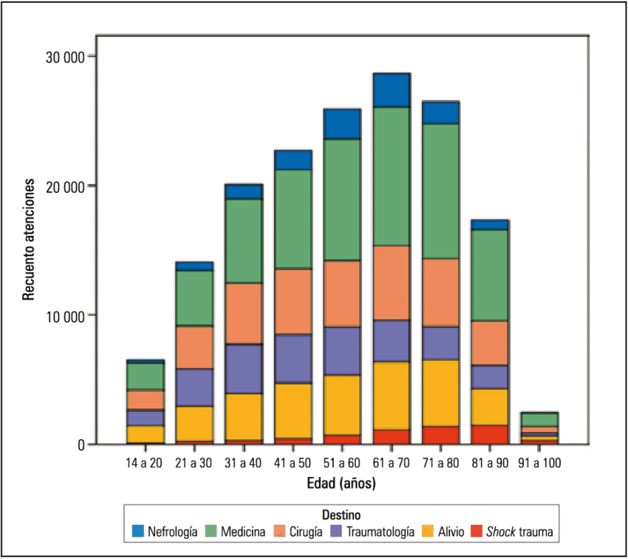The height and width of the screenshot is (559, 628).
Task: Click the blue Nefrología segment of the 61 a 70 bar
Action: [392, 90]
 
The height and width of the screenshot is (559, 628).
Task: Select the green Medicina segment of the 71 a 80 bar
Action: [440, 191]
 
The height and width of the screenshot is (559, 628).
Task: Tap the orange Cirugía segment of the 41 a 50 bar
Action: [293, 301]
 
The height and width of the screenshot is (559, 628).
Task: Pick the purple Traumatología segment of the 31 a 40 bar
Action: [244, 369]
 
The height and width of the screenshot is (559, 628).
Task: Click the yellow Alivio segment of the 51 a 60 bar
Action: [342, 404]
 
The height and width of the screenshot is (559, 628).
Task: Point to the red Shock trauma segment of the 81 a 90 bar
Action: [490, 434]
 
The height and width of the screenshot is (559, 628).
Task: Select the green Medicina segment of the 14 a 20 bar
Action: [146, 376]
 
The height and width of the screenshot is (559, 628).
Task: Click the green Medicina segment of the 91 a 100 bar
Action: [539, 419]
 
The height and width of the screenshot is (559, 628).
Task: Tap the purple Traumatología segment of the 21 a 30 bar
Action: [194, 387]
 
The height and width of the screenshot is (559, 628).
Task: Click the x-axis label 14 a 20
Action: [146, 463]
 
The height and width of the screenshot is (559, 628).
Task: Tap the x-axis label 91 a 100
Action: [539, 463]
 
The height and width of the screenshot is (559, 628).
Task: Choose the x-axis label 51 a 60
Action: [342, 463]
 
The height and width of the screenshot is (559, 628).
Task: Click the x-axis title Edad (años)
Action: [341, 484]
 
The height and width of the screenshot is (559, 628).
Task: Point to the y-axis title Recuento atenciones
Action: [29, 240]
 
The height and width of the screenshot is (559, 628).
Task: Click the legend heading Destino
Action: [341, 513]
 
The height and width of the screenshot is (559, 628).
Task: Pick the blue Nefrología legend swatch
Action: [138, 531]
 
